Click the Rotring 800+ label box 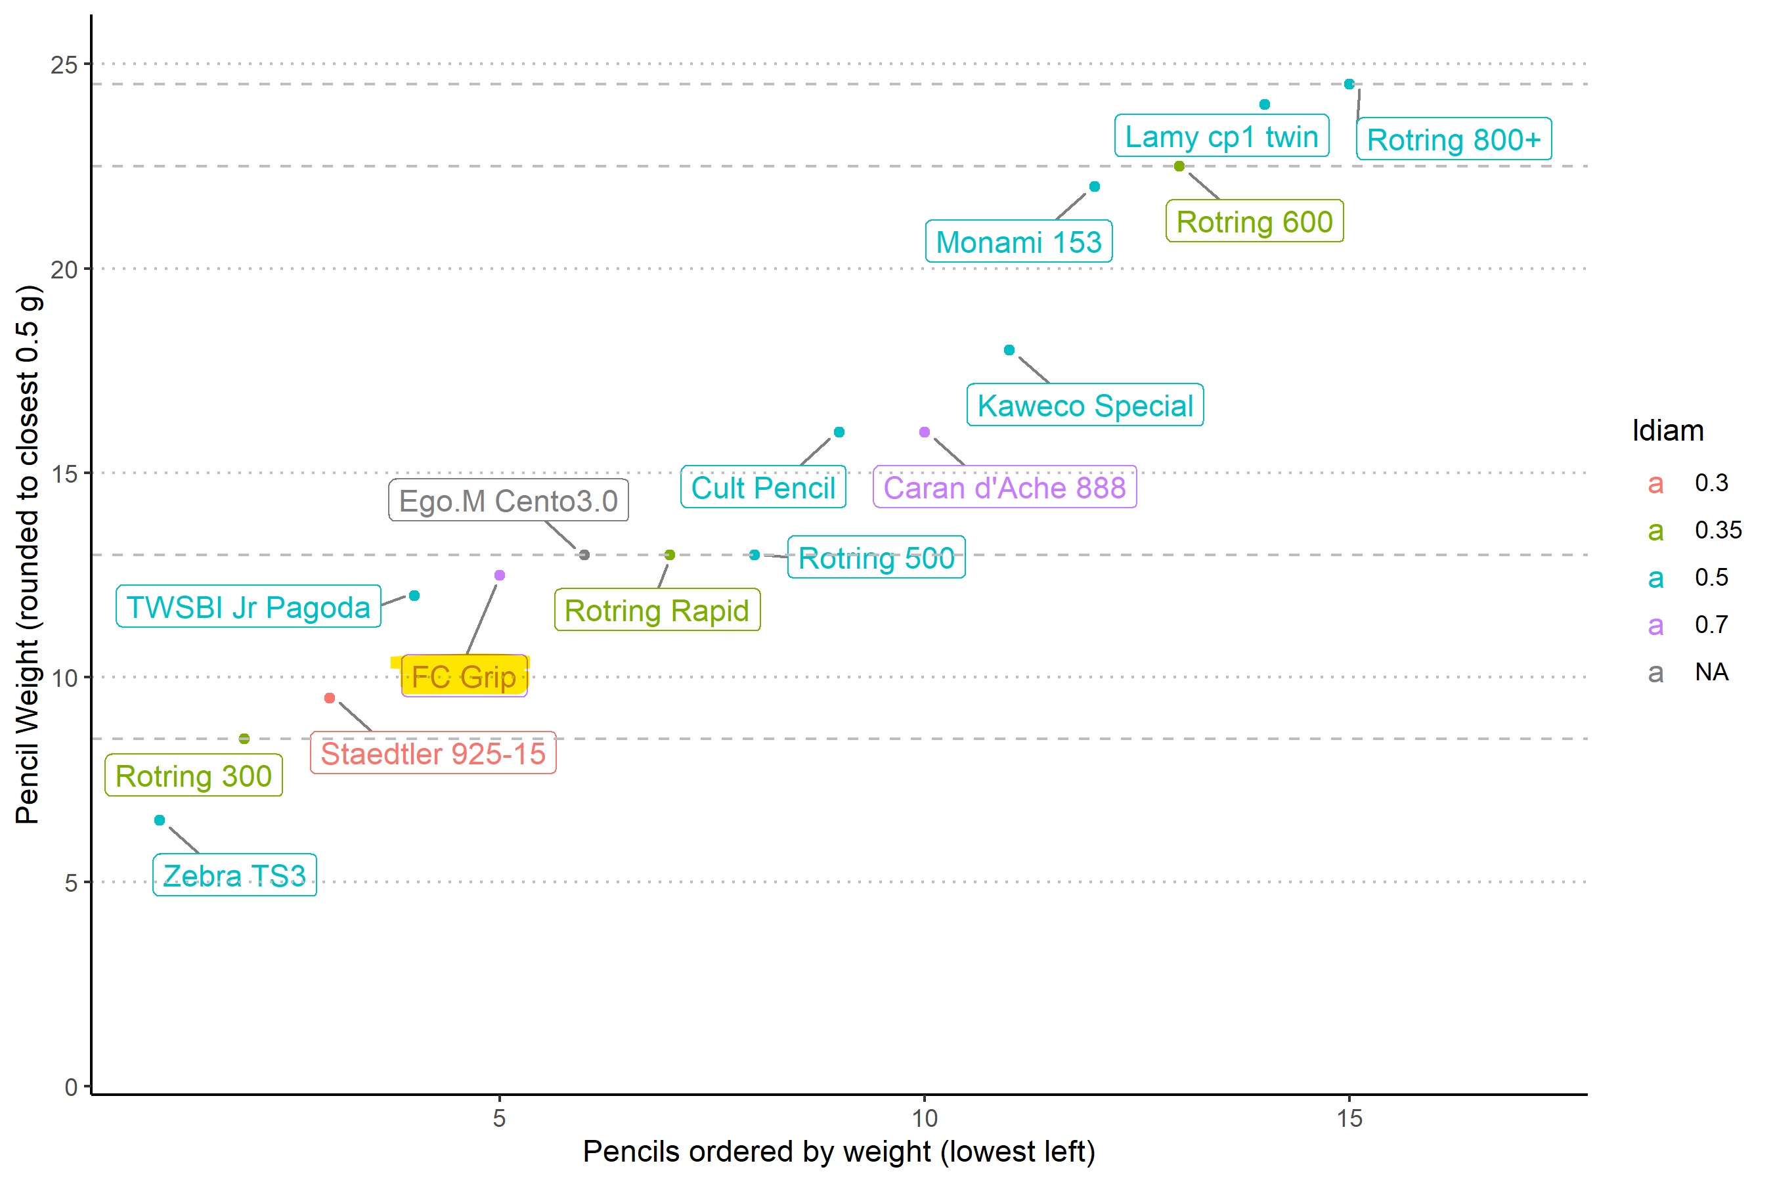tap(1453, 139)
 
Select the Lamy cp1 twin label tap(1221, 137)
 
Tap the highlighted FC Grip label tap(464, 676)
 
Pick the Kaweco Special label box tap(1085, 406)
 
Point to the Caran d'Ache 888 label tap(1004, 488)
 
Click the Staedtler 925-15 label tap(433, 753)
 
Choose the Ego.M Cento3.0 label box tap(508, 500)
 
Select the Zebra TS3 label tap(234, 875)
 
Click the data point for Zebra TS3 tap(160, 820)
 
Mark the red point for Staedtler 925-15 tap(330, 698)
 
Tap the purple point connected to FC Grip tap(500, 575)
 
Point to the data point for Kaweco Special tap(1009, 350)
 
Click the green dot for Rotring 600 tap(1179, 166)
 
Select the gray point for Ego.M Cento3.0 tap(584, 555)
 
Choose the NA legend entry tap(1711, 672)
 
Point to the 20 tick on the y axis tap(65, 269)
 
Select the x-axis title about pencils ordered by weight tap(839, 1152)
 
